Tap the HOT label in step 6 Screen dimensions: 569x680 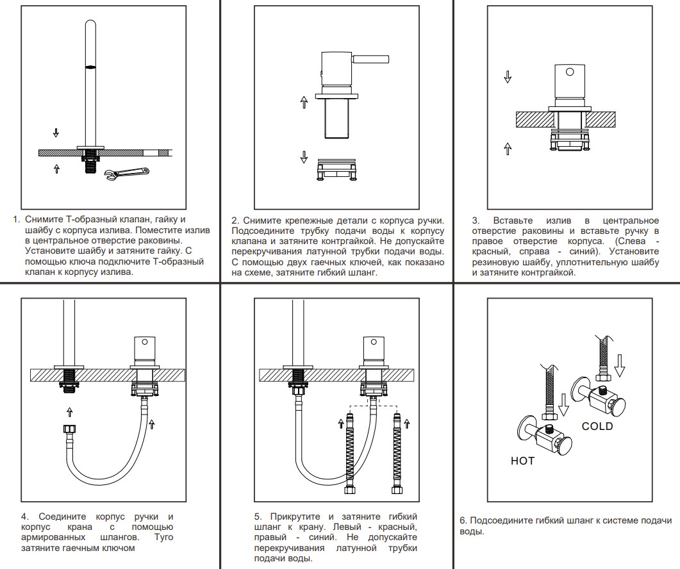pos(522,460)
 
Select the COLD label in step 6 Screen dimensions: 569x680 pos(597,426)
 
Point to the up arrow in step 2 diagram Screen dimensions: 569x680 pos(304,103)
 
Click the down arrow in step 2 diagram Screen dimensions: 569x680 pos(304,156)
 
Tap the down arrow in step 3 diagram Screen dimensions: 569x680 pos(508,77)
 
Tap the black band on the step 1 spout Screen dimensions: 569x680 pos(90,67)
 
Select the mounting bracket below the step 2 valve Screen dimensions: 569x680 pos(336,171)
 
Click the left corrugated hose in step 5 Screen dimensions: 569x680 pos(350,452)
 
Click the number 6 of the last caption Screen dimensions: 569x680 pos(463,520)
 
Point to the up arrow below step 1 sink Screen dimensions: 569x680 pos(56,168)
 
